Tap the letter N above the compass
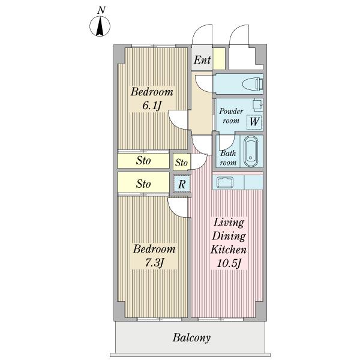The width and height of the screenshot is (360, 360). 103,10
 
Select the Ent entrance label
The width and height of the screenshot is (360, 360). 202,60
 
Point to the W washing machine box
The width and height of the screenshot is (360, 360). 254,121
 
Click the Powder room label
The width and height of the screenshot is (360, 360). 230,116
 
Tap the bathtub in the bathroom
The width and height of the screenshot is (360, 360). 251,152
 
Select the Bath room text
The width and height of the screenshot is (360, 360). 228,158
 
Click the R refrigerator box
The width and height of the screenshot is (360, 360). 181,184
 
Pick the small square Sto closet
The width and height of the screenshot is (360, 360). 181,163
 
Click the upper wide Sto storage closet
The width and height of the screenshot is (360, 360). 143,161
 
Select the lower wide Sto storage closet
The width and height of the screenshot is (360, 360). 143,184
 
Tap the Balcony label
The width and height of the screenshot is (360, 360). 192,338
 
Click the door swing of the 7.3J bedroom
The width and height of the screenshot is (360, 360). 178,208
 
